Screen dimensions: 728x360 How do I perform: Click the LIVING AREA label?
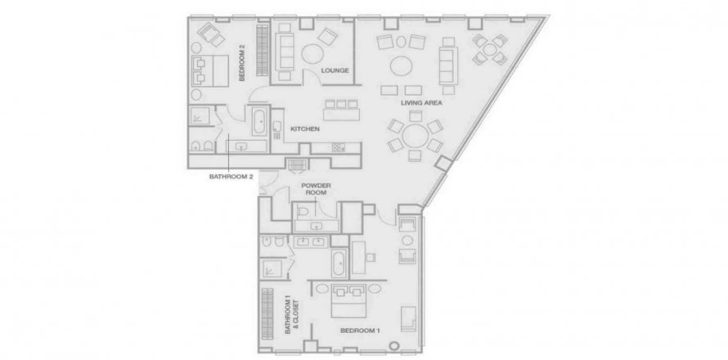421,103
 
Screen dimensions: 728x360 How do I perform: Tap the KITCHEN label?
304,129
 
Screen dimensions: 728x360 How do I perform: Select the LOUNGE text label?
335,70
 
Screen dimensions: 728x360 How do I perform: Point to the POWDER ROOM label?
316,189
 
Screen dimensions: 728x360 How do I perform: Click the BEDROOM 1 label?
360,331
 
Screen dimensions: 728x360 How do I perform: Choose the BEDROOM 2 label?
242,63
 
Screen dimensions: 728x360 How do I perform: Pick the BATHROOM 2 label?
231,177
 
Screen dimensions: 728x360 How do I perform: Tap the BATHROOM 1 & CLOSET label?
291,317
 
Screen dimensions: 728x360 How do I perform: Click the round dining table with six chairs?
415,136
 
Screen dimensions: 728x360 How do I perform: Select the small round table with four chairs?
490,49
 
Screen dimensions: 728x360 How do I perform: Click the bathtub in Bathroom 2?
260,121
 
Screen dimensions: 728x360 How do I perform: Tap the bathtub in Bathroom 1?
339,263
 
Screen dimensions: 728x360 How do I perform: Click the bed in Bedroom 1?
348,300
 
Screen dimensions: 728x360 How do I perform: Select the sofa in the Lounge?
285,52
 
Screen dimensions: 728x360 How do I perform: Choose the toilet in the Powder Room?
303,212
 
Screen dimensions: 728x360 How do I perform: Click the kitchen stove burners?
338,148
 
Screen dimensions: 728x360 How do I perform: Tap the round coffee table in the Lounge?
314,54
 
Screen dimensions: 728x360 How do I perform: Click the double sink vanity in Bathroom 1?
311,241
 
